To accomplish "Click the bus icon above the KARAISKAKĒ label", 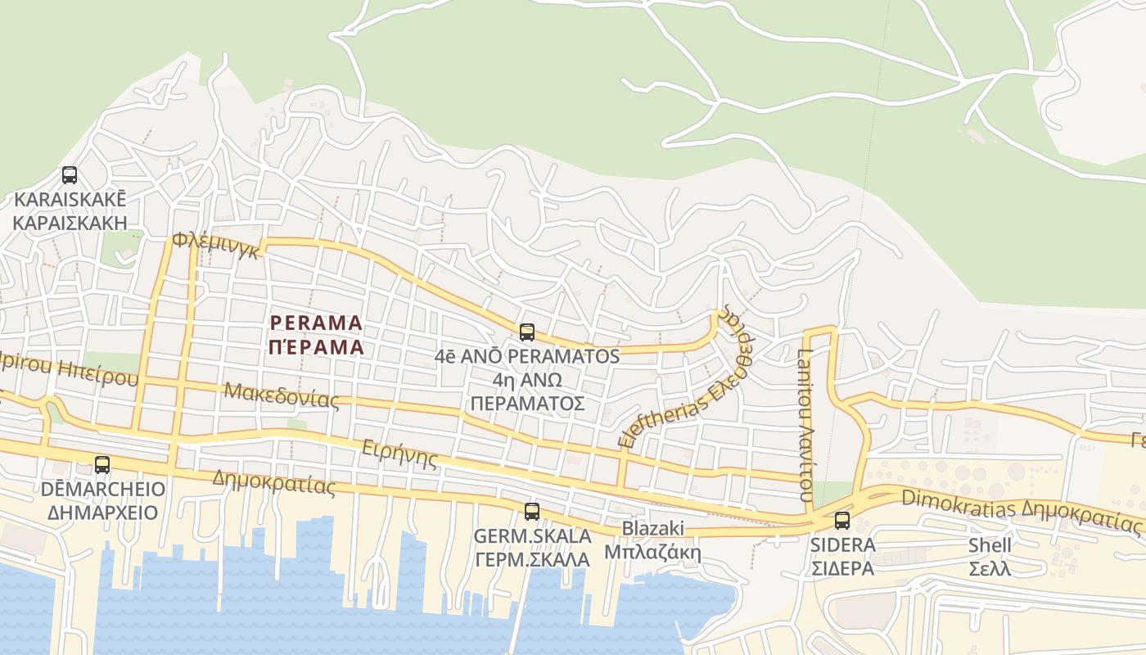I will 70,174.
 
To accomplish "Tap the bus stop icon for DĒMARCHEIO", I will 102,464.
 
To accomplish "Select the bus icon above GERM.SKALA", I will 532,512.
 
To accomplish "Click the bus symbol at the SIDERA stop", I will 842,521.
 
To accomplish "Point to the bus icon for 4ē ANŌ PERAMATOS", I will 527,332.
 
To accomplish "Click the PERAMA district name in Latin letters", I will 316,323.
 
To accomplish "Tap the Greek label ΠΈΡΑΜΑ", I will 316,346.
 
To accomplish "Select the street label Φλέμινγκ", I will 216,246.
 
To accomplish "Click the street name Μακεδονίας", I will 282,394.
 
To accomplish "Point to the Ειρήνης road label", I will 399,453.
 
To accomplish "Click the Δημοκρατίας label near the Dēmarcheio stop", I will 273,482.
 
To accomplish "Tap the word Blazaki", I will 652,528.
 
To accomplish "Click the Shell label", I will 990,545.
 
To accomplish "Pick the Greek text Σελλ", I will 990,568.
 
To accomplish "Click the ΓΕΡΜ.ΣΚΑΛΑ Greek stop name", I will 532,559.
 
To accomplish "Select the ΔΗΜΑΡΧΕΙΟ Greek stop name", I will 102,513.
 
